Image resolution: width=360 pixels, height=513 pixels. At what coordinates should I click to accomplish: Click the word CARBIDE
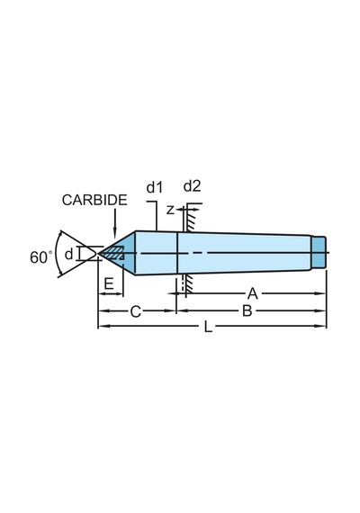pos(94,200)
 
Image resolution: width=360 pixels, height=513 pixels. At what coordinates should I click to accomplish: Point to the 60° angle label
pos(41,257)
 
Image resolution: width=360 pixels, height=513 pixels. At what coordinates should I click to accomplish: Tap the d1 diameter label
pos(155,187)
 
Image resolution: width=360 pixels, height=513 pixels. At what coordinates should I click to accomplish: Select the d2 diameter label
pos(192,186)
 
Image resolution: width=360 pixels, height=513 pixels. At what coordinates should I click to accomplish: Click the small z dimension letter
pos(170,210)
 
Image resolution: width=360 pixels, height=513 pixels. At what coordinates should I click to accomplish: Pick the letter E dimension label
pos(109,283)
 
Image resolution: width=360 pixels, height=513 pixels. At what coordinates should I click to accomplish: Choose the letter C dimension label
pos(136,311)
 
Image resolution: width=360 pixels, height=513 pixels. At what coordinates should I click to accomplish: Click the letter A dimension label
pos(252,293)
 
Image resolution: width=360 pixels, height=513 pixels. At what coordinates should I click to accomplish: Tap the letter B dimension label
pos(247,310)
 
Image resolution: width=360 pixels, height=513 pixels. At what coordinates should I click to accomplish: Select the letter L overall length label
pos(208,327)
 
